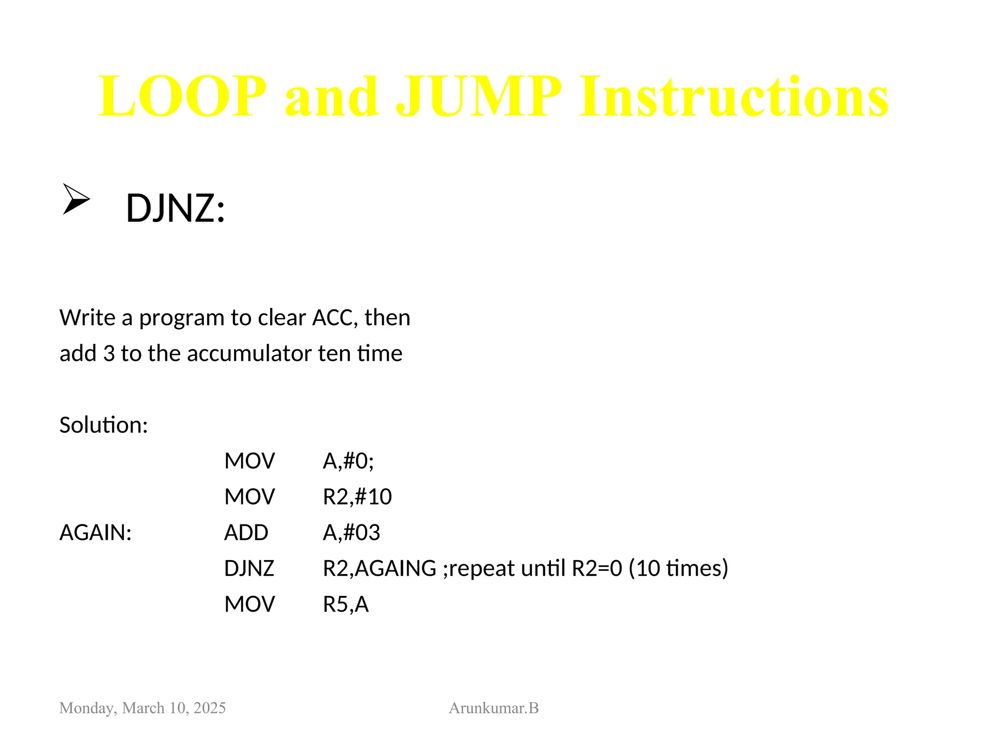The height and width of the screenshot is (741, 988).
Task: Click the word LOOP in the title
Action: point(182,96)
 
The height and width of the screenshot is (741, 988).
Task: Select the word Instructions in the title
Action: point(733,96)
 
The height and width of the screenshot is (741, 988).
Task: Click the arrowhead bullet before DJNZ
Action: point(76,199)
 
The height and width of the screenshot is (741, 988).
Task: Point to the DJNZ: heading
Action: point(175,208)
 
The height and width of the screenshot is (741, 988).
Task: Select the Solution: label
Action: point(103,425)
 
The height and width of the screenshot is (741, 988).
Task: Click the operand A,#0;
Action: point(348,461)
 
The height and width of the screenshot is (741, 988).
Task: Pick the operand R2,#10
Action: point(357,496)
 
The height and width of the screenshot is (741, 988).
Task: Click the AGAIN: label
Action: point(96,533)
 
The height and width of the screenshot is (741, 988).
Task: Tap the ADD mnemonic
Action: point(246,533)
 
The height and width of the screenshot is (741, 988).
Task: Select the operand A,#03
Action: point(351,533)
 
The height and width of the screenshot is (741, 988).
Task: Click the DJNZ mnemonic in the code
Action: point(249,568)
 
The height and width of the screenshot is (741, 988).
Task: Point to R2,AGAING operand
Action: point(379,568)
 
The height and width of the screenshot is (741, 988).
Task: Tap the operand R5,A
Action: point(345,604)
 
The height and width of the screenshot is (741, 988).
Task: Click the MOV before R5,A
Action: point(249,604)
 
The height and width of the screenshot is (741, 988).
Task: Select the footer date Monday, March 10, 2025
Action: point(142,708)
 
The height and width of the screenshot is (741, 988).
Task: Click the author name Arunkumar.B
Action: point(494,708)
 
